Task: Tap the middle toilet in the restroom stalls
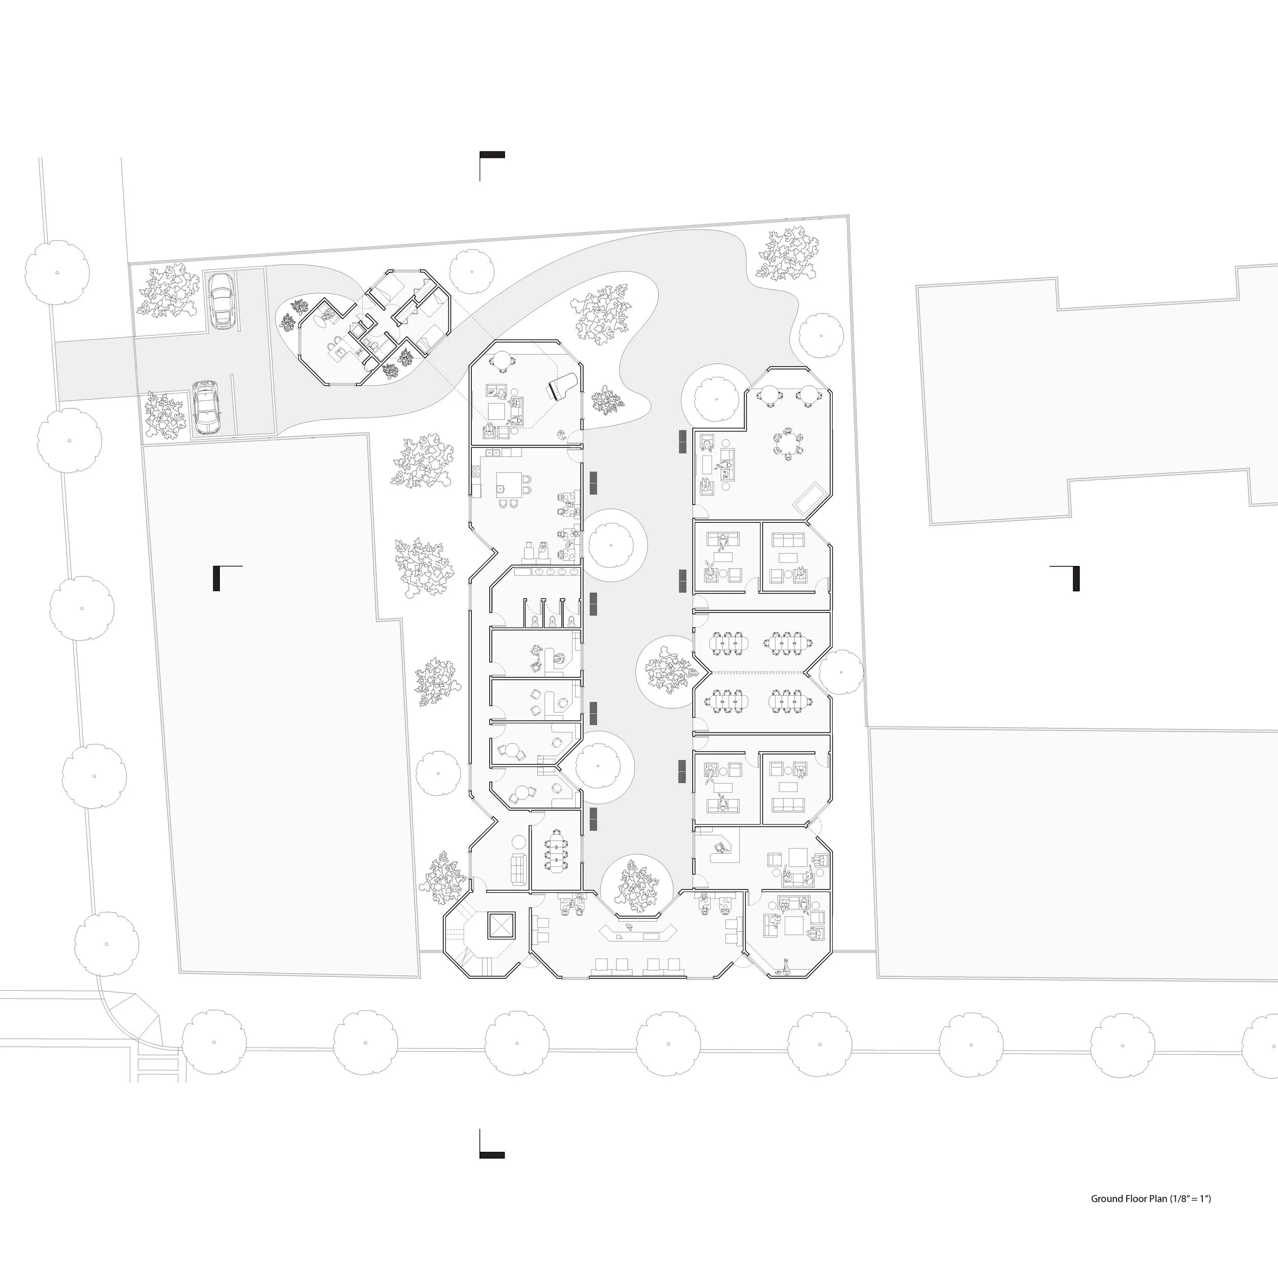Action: tap(552, 620)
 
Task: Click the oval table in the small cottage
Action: tap(324, 322)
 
